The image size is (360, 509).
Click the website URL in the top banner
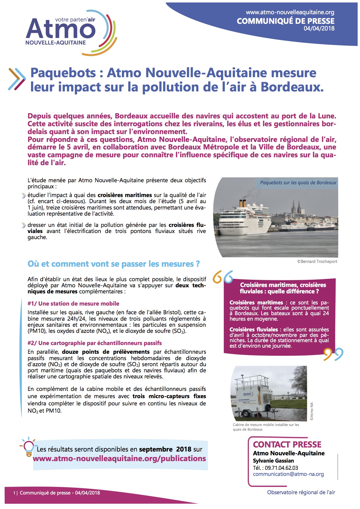point(290,12)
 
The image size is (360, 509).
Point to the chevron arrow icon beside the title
point(17,79)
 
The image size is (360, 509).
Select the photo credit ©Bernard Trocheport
point(317,261)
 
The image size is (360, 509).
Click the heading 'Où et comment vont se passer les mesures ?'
point(114,264)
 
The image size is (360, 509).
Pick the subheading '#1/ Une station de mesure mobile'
point(73,304)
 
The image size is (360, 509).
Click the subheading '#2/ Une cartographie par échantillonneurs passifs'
point(94,343)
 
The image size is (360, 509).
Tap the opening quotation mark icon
point(223,277)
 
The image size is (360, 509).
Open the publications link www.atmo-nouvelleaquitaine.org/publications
point(119,459)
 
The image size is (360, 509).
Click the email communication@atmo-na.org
point(288,474)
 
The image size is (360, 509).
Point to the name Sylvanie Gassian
point(273,461)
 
